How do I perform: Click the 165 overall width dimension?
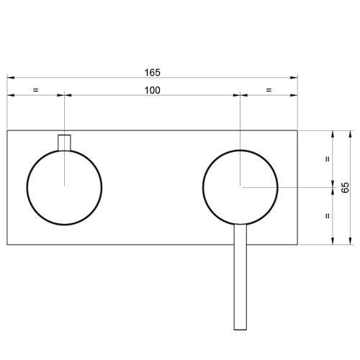point(152,72)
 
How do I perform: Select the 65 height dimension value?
point(346,187)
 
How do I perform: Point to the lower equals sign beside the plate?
point(328,215)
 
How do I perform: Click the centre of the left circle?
point(65,186)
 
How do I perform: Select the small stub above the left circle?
point(65,143)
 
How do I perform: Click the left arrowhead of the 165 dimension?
point(9,78)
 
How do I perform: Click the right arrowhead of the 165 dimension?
point(296,78)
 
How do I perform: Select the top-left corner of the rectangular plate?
point(7,130)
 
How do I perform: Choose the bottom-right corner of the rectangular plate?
point(298,245)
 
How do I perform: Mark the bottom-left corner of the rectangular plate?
point(7,245)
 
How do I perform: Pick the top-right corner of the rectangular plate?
point(298,130)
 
